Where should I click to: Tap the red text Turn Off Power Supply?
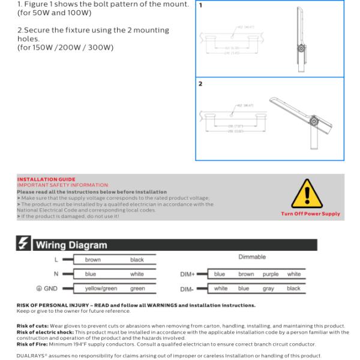point(310,214)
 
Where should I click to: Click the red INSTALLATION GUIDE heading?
point(46,179)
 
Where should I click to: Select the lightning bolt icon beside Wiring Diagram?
point(25,245)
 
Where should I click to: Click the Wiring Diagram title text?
point(71,245)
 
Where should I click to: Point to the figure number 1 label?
point(200,5)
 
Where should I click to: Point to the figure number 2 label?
point(200,84)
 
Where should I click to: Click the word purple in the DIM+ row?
point(271,274)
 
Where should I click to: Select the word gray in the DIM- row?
point(268,289)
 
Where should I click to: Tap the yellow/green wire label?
point(101,289)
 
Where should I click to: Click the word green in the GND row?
point(137,289)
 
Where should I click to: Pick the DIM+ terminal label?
point(187,274)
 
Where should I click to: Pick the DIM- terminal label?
point(187,289)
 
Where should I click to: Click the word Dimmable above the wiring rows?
point(252,257)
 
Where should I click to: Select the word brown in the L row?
point(93,260)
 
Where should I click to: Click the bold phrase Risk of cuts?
point(34,326)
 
